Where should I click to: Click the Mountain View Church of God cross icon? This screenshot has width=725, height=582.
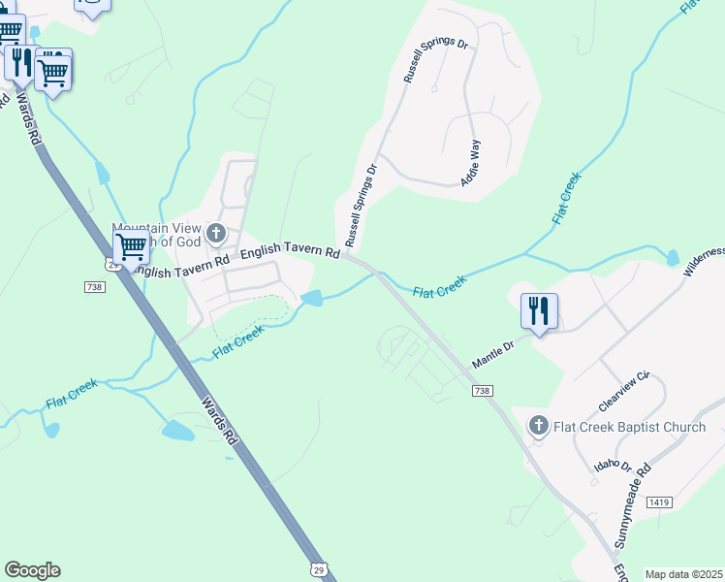coord(215,233)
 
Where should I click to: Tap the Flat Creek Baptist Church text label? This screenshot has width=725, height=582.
coord(630,427)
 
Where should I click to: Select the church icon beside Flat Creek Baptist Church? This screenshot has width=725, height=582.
coord(539,426)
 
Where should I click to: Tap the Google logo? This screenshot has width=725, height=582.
coord(32,570)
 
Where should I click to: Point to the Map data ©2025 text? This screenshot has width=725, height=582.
coord(683,574)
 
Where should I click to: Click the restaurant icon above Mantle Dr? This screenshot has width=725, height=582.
coord(538,311)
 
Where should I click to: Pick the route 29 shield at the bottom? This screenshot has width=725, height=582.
coord(320,569)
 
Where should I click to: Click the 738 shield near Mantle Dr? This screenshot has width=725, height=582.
coord(483,390)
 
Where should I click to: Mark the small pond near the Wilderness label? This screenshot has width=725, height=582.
coord(673,258)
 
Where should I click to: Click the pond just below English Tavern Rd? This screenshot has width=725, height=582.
coord(312,297)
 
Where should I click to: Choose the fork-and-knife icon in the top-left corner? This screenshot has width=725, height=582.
coord(18,62)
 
